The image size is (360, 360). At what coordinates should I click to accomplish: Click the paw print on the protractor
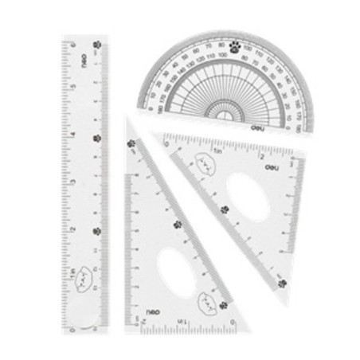tap(235, 47)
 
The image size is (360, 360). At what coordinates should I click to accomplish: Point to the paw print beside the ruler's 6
tap(97, 45)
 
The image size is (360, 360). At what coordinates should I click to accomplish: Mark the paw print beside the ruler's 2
tap(96, 231)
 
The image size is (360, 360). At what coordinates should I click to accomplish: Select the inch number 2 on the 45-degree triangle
tap(260, 157)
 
